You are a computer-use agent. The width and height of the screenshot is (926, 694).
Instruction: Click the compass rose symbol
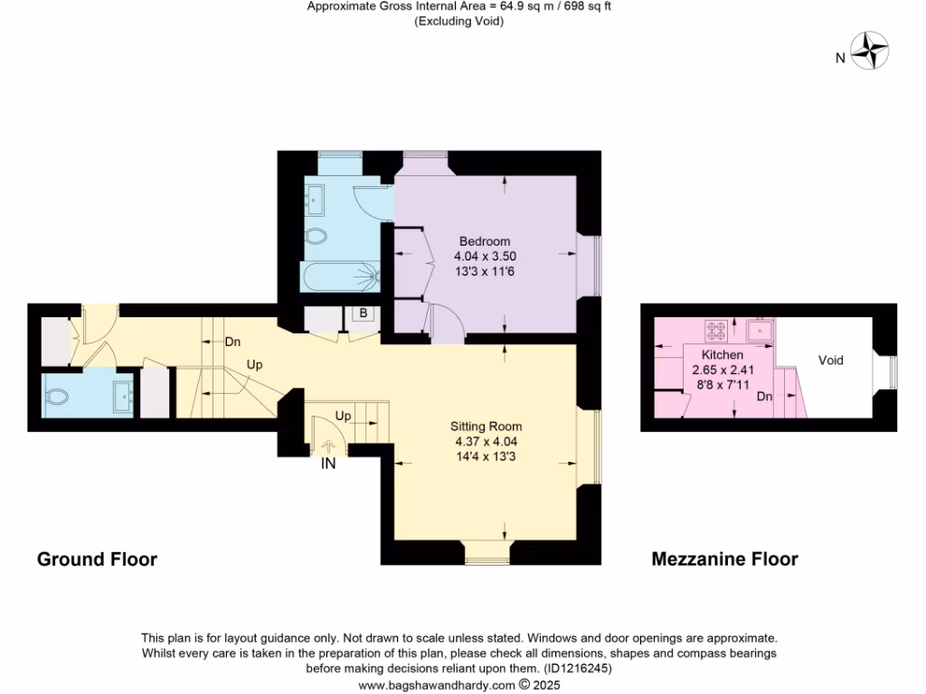tap(873, 51)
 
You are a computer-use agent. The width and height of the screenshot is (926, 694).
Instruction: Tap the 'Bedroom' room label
tap(485, 241)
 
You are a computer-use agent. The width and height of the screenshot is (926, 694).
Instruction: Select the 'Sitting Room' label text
tap(487, 427)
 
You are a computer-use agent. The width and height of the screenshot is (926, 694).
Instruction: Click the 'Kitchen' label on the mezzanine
tap(723, 355)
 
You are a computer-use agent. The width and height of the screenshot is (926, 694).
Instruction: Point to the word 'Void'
tap(830, 361)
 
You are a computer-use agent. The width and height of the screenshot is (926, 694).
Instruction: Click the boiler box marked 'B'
tap(364, 314)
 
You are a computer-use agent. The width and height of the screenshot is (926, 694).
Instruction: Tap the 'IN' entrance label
tap(328, 465)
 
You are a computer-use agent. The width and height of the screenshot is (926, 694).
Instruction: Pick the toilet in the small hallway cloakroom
tap(59, 396)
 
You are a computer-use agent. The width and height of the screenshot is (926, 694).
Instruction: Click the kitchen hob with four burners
tap(718, 330)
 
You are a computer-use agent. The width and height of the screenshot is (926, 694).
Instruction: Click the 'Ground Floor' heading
tap(97, 559)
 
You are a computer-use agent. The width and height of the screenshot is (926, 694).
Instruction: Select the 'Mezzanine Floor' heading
tap(724, 559)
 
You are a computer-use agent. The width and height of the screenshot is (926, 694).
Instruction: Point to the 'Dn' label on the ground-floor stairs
tap(232, 342)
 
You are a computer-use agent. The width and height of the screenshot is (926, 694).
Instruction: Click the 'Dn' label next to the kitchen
tap(765, 396)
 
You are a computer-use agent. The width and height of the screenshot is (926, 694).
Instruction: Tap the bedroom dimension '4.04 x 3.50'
tap(485, 257)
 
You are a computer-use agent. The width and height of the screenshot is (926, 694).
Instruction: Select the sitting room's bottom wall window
tap(487, 551)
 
